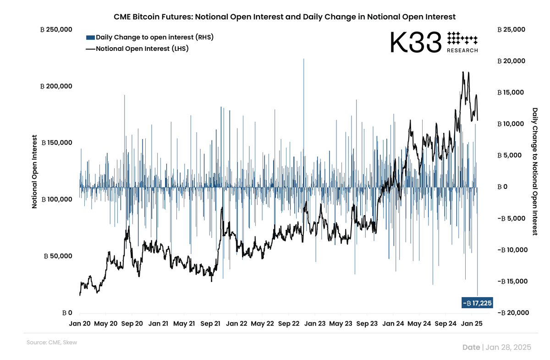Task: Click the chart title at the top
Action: click(x=284, y=17)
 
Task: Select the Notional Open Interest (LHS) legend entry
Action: click(x=137, y=48)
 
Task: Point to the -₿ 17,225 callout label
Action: click(x=477, y=303)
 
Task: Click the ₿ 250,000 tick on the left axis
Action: click(x=56, y=29)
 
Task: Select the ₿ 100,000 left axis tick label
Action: click(x=56, y=199)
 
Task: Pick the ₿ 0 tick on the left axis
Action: click(x=67, y=313)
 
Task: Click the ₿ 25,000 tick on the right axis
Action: click(x=511, y=29)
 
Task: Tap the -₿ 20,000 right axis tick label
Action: click(x=512, y=313)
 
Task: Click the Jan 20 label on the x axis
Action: click(x=80, y=324)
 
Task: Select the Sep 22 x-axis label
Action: click(x=289, y=324)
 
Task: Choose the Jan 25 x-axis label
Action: click(x=472, y=324)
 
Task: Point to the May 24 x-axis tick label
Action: click(x=420, y=324)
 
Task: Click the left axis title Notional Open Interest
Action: click(x=34, y=171)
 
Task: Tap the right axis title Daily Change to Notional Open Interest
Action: click(x=535, y=171)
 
